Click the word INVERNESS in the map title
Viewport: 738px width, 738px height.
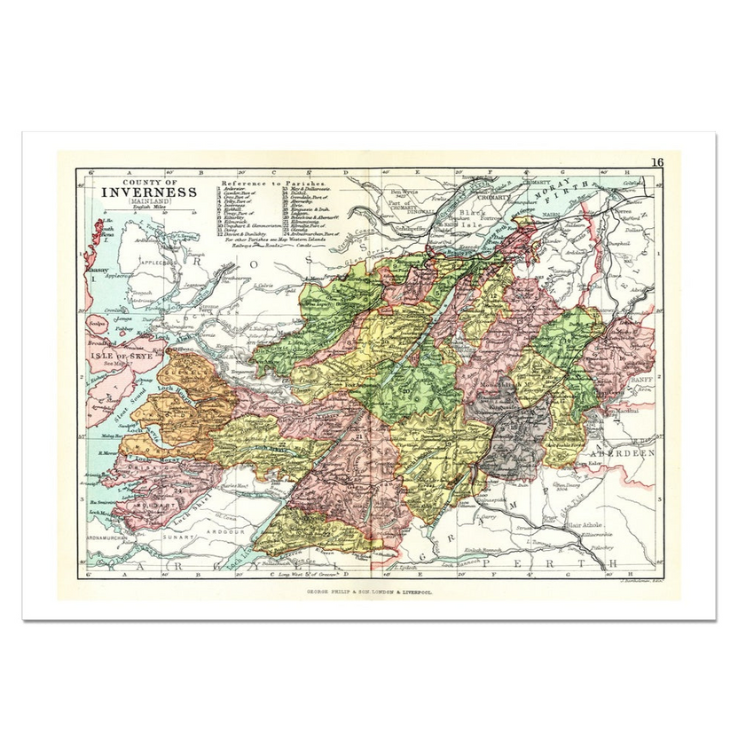click(x=149, y=192)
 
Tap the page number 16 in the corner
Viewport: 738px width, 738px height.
click(x=656, y=161)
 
